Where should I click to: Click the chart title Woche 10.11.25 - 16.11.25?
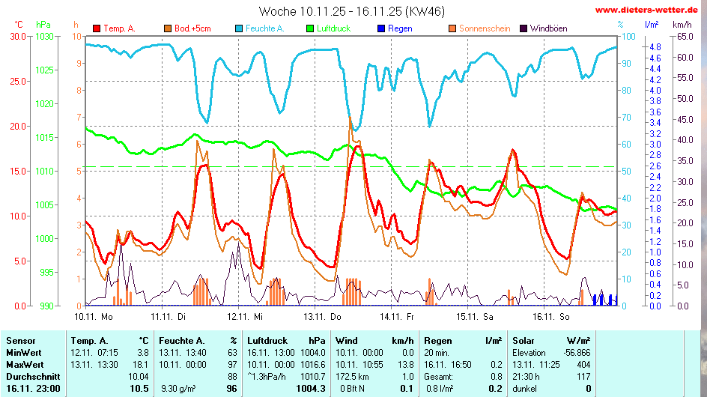350,11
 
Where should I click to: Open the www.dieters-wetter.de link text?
649,10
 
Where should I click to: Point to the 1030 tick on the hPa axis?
46,36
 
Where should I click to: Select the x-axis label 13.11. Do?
325,316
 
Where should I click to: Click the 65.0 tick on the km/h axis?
684,36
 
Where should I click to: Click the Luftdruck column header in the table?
267,340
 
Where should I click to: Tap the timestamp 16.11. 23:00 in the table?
33,388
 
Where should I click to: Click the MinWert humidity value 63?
232,352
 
